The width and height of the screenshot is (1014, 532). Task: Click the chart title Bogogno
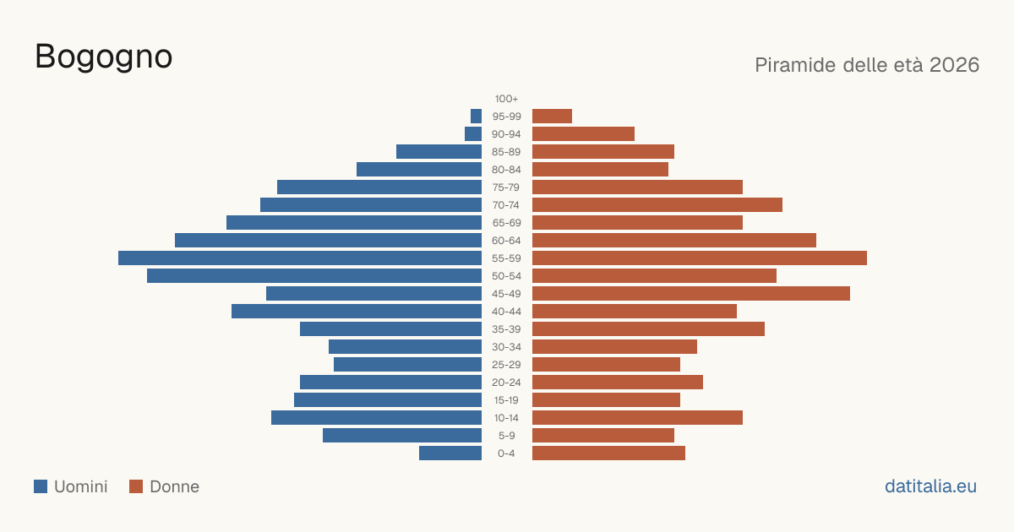click(104, 57)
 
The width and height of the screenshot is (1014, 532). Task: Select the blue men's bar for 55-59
click(300, 258)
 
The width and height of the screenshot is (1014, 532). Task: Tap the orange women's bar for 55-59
click(700, 258)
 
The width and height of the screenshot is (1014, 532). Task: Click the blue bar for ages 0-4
click(450, 453)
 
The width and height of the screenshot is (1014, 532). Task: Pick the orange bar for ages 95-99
click(553, 117)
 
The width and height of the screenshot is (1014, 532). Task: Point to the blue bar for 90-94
click(473, 134)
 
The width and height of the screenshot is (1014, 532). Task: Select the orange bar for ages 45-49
click(691, 294)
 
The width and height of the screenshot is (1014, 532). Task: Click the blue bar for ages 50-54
click(314, 276)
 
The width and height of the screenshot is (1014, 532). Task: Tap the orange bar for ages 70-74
click(657, 205)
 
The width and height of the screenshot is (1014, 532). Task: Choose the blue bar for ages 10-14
click(377, 417)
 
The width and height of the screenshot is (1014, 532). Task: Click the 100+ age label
click(506, 99)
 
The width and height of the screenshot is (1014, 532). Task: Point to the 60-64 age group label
click(506, 241)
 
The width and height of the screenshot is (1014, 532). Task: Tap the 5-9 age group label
click(506, 436)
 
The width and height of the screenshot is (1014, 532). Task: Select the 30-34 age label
click(506, 347)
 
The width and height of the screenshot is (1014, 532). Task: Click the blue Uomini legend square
click(41, 486)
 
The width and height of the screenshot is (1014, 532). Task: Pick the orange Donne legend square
click(136, 486)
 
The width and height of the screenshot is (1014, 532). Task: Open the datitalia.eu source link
click(930, 486)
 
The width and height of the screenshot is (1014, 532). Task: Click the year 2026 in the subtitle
click(954, 65)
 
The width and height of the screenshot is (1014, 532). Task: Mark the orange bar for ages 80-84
click(600, 170)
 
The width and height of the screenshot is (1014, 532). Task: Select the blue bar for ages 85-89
click(439, 151)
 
